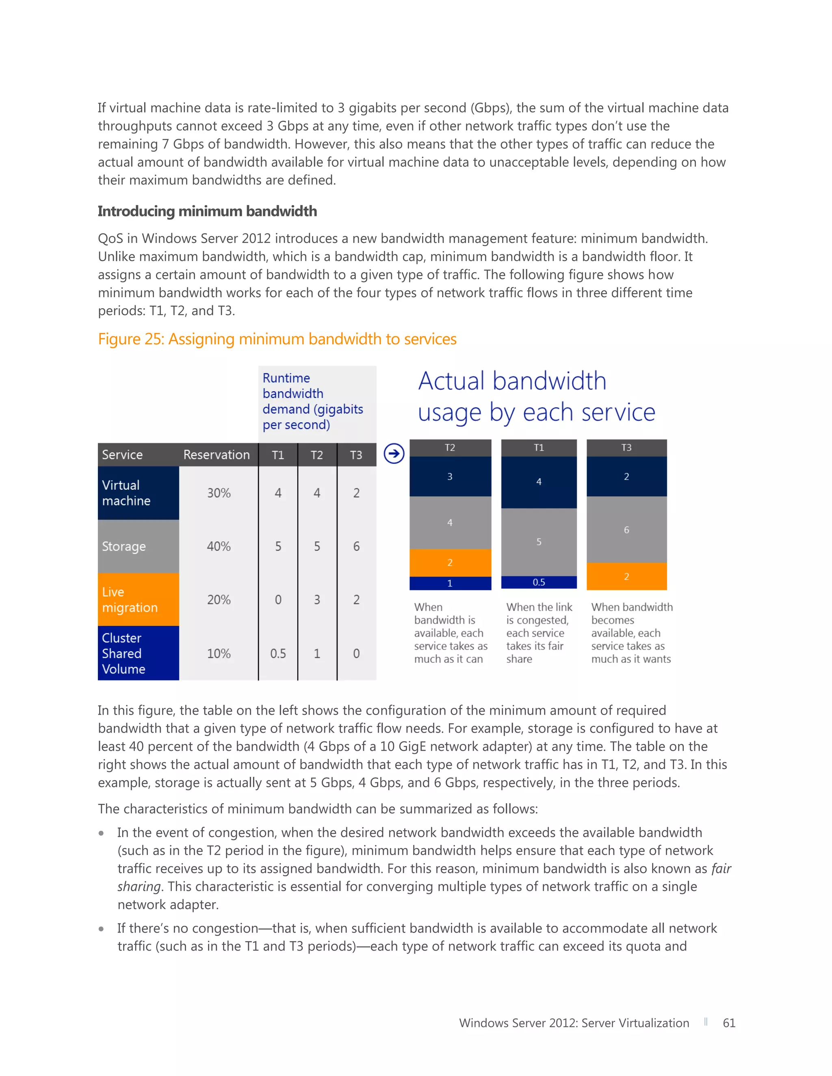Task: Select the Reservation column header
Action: click(x=217, y=455)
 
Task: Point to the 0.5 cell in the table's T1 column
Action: click(x=278, y=653)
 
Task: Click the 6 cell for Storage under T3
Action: click(x=356, y=547)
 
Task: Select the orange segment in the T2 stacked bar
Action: click(x=450, y=563)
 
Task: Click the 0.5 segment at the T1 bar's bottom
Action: click(x=539, y=582)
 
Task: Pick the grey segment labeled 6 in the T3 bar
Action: click(x=626, y=529)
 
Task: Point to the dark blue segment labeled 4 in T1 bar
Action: click(x=539, y=482)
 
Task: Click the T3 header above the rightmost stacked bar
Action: click(x=626, y=447)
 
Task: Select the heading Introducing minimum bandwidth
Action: click(x=207, y=212)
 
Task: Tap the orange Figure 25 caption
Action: click(x=277, y=339)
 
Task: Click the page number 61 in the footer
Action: click(x=728, y=1023)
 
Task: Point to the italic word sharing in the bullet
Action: click(x=139, y=886)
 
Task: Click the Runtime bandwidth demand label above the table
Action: click(x=312, y=401)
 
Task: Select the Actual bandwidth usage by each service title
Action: click(x=536, y=396)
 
